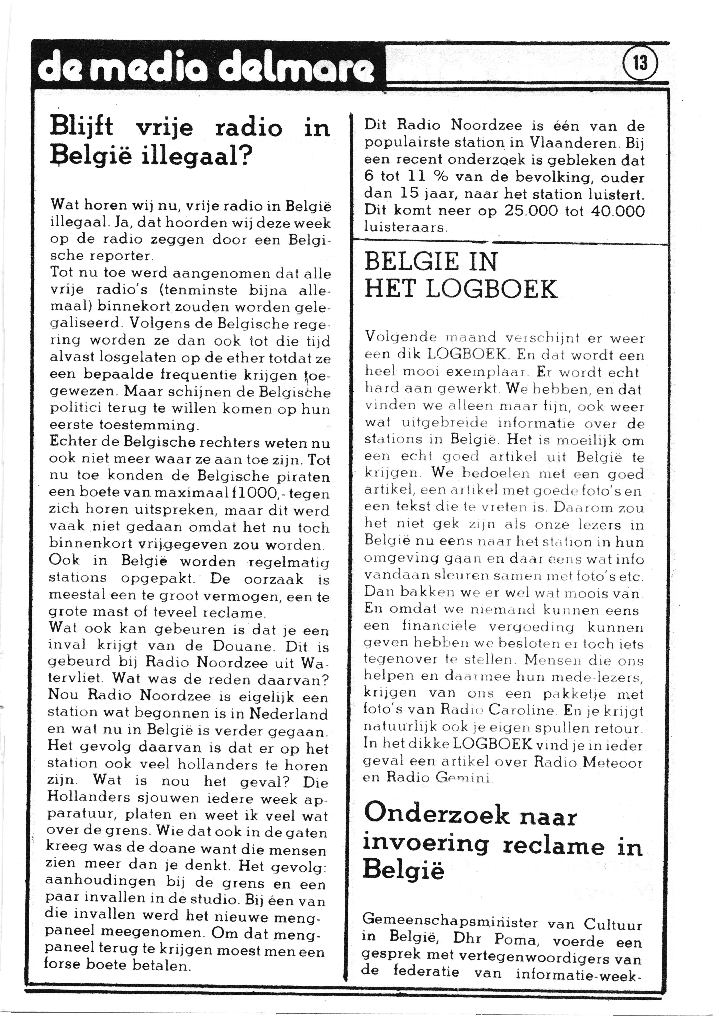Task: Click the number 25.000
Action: (531, 211)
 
